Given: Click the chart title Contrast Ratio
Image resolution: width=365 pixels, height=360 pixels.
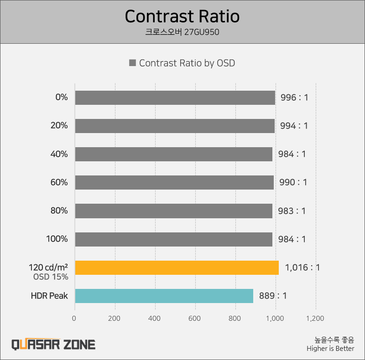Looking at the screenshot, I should (x=182, y=16).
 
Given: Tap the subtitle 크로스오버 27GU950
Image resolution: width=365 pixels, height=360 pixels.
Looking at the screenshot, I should (x=182, y=32).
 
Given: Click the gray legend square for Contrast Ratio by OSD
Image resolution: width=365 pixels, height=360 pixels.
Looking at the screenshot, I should (x=132, y=63).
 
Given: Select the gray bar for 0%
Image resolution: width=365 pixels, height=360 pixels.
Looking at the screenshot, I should (x=175, y=98).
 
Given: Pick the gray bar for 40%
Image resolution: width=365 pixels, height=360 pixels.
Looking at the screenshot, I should (x=173, y=154).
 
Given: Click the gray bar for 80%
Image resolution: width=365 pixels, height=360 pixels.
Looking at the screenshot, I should (x=173, y=211).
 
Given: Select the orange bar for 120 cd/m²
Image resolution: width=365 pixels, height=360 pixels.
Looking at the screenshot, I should (x=177, y=267).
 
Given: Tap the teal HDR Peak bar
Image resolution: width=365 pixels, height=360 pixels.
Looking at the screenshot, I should (x=164, y=296).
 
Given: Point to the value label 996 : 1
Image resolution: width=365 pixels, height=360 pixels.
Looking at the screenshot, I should (x=294, y=98).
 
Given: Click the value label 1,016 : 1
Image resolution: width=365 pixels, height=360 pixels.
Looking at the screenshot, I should (x=302, y=267).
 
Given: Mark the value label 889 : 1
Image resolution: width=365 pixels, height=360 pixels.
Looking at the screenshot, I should (x=273, y=296).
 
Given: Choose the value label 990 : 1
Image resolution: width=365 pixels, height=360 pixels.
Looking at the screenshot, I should (x=293, y=182).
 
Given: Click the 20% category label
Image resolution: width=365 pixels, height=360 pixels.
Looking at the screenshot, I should (x=59, y=126).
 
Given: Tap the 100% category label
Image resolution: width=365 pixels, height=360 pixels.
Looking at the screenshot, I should (x=57, y=239).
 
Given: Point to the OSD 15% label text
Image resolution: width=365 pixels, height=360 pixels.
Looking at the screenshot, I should (x=51, y=277).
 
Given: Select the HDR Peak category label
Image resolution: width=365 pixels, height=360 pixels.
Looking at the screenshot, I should (x=49, y=296).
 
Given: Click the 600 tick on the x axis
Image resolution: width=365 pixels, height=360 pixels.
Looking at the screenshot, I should (x=195, y=319).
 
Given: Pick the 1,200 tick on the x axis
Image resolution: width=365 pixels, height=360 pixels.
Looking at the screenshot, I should (x=315, y=319).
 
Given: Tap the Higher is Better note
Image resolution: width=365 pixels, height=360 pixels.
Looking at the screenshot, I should (x=330, y=349).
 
